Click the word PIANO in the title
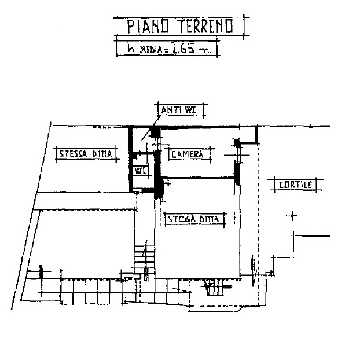148,26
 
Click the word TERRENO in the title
205,26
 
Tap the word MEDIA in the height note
152,50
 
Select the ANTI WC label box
181,110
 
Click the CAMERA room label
188,154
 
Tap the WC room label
140,171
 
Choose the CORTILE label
296,185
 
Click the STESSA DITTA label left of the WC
86,154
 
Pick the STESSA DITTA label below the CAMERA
194,219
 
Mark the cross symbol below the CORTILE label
292,216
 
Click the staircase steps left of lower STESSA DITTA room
145,260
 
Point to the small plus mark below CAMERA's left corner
168,183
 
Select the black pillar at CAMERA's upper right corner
236,143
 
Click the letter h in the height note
131,49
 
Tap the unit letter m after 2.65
205,50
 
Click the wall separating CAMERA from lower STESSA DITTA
199,178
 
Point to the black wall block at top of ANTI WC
156,132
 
